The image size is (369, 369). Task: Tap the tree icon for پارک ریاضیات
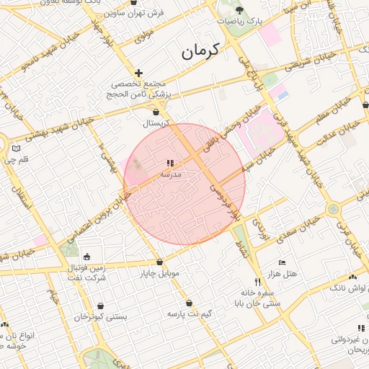[x=239, y=10]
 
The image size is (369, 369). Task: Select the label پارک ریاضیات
[x=239, y=22]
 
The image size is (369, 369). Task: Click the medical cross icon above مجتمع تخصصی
[x=138, y=73]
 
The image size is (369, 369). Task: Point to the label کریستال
[x=156, y=123]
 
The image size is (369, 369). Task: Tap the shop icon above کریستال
[x=156, y=112]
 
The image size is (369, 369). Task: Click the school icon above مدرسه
[x=170, y=164]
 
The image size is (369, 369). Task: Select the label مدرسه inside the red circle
[x=170, y=174]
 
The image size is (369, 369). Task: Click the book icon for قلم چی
[x=16, y=148]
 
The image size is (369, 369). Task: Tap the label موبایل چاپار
[x=159, y=274]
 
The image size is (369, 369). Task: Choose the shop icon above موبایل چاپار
[x=159, y=262]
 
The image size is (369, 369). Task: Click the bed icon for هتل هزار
[x=282, y=262]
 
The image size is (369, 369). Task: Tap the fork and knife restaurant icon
[x=257, y=282]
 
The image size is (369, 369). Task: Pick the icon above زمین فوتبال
[x=87, y=257]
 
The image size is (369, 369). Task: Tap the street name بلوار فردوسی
[x=224, y=202]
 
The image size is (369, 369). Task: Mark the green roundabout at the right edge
[x=333, y=210]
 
